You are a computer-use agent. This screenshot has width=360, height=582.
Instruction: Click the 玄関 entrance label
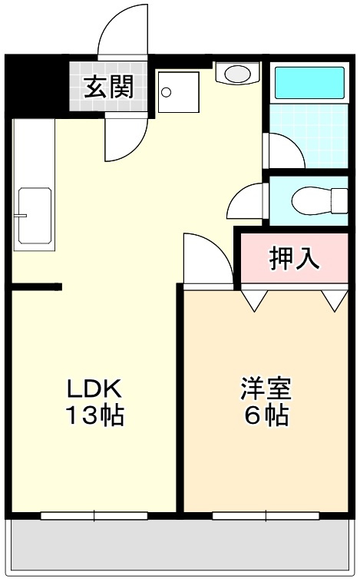click(108, 87)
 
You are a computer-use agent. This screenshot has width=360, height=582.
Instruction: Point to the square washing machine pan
click(179, 94)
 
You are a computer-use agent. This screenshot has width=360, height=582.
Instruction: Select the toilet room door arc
click(247, 203)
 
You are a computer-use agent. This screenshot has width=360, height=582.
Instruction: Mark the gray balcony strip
click(180, 547)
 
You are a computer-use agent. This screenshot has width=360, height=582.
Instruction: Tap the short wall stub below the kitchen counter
click(36, 287)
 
